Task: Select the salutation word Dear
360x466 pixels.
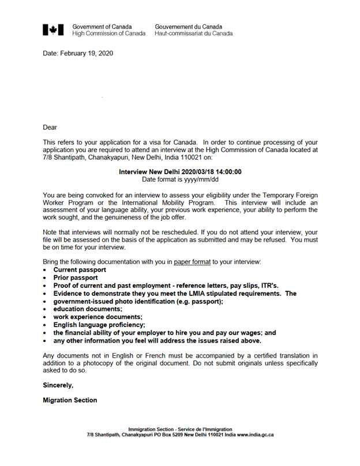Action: (x=50, y=127)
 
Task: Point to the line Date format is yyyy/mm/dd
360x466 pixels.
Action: (x=180, y=180)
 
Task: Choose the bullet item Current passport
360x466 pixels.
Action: (x=80, y=270)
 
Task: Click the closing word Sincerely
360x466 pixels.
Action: (x=58, y=384)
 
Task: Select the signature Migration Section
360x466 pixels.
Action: (x=70, y=400)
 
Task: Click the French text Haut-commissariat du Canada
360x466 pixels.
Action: (x=194, y=33)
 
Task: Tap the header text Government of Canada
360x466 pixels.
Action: (x=102, y=27)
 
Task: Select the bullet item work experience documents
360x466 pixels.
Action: (x=97, y=317)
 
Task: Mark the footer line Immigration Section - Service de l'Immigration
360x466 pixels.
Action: (x=180, y=429)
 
